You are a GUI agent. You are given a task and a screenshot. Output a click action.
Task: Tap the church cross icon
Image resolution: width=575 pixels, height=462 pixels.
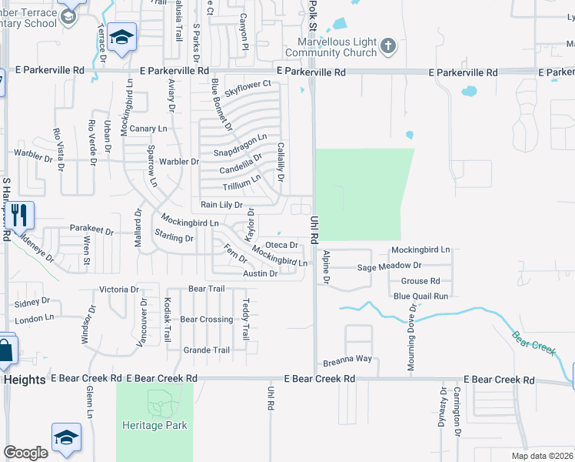(x=388, y=46)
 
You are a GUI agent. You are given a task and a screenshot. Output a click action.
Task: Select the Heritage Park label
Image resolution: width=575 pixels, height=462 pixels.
(x=154, y=424)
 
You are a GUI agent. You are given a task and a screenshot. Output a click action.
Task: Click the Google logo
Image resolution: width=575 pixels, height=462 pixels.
(x=25, y=453)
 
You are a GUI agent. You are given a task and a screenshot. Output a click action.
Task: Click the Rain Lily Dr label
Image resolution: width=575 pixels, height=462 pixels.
(x=221, y=206)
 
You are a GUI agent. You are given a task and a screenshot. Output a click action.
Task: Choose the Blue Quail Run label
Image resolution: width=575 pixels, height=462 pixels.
(x=420, y=296)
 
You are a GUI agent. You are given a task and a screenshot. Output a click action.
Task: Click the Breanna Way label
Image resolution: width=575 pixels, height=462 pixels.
(x=347, y=359)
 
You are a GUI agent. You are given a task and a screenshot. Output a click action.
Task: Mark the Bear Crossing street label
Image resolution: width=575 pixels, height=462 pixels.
(x=206, y=319)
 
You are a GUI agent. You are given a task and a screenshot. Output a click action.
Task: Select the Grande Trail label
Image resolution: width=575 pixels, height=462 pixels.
(x=206, y=350)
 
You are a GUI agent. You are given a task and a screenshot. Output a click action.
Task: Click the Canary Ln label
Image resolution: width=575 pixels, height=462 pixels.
(x=148, y=128)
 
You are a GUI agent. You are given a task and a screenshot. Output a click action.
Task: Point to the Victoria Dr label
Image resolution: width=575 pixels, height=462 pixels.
(x=119, y=290)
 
